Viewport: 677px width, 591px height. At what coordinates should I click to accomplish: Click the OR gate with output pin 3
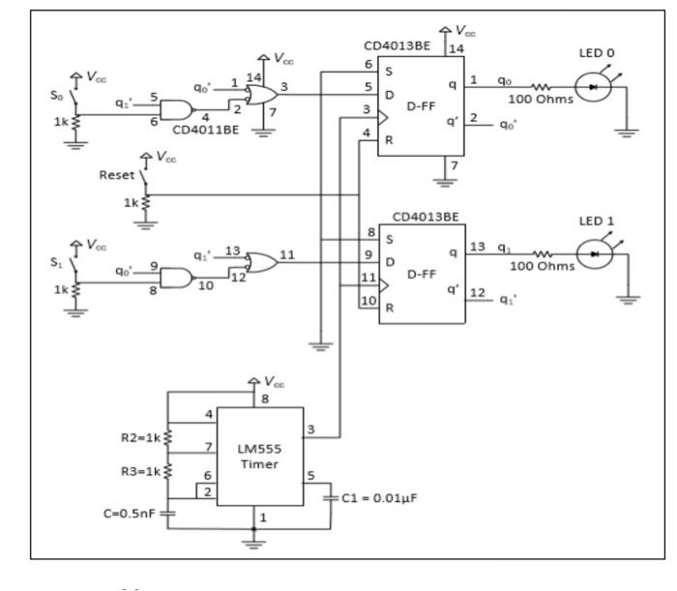[x=260, y=95]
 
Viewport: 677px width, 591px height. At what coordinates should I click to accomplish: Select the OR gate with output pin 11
[x=260, y=261]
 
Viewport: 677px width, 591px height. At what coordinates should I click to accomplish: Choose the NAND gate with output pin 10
[x=175, y=278]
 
